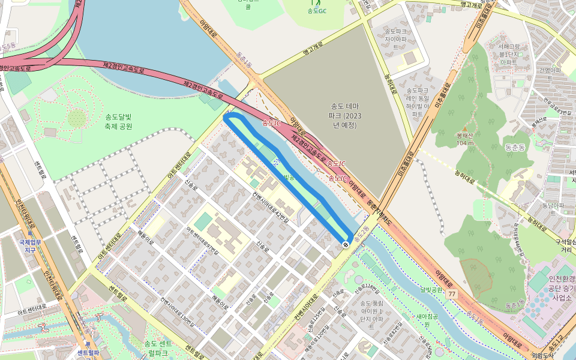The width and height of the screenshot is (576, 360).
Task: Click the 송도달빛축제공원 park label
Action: pyautogui.click(x=118, y=121)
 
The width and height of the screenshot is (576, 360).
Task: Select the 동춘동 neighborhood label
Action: pyautogui.click(x=515, y=146)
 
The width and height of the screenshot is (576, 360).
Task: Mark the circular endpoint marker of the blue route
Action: pyautogui.click(x=346, y=244)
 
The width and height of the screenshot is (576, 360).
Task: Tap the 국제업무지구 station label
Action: pyautogui.click(x=28, y=246)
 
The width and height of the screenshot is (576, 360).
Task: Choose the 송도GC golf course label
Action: pyautogui.click(x=317, y=11)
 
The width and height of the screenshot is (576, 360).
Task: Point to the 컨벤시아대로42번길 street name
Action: pyautogui.click(x=270, y=208)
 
